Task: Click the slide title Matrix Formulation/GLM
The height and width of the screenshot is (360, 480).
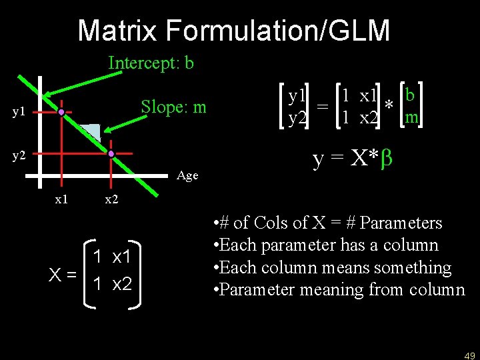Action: tap(233, 30)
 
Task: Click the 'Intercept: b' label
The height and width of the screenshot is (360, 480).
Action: tap(151, 63)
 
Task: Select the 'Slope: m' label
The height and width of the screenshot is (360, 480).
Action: tap(173, 107)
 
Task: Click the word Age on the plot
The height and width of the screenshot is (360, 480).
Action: tap(188, 176)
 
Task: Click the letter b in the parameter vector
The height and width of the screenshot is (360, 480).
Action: tap(411, 95)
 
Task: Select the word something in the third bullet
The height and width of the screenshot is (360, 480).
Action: tap(413, 267)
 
